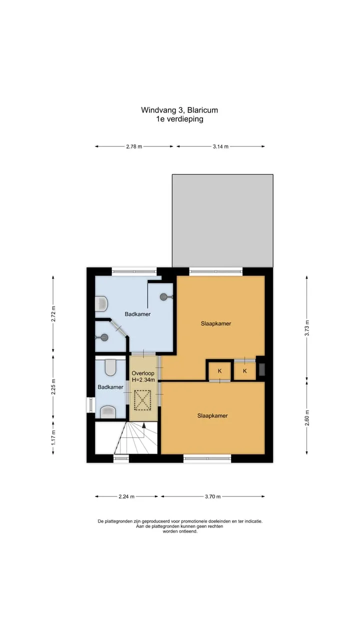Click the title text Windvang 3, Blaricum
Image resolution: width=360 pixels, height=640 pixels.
179,110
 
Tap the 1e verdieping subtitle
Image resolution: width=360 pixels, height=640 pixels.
179,119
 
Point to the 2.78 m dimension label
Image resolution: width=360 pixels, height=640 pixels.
134,147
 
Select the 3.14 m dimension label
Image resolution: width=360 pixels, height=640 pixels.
220,147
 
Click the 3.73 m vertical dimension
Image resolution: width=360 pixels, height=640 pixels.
307,328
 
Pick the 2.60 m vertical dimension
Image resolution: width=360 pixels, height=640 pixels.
307,417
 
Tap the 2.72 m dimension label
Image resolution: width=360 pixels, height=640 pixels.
53,313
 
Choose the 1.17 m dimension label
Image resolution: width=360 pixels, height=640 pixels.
53,437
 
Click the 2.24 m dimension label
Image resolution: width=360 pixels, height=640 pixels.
126,496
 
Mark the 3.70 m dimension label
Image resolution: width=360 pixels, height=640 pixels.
213,496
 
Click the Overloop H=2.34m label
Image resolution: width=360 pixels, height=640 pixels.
143,376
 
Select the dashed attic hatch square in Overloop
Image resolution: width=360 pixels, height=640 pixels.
142,400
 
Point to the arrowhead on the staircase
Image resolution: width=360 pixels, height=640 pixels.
144,425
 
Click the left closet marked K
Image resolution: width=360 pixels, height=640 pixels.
219,370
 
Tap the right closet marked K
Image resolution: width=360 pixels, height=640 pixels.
245,371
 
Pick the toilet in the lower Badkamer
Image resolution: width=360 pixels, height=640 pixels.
110,367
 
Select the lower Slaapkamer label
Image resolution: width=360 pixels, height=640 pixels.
212,415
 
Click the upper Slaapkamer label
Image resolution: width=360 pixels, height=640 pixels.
216,323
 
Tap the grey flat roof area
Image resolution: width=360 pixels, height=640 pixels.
222,220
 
